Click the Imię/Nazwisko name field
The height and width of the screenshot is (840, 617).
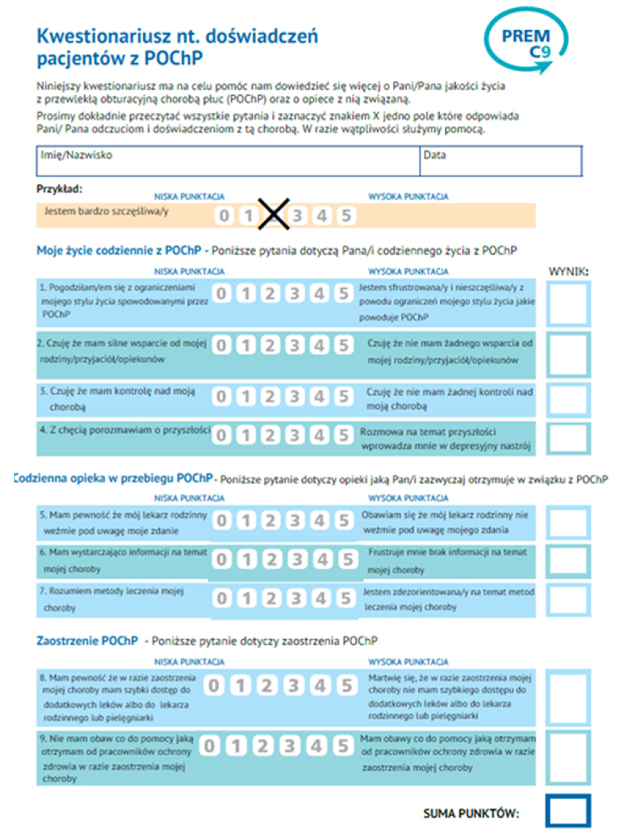pos(228,161)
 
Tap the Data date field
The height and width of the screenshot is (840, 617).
pos(501,161)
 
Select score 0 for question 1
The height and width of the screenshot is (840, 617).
pos(221,294)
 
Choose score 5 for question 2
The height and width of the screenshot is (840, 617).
pos(343,346)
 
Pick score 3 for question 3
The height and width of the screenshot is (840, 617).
pos(295,397)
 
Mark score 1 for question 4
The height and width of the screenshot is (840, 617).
pos(245,435)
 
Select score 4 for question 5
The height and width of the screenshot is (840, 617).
pos(319,521)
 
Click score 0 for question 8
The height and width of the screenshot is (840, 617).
pos(214,686)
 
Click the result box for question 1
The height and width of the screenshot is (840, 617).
pos(568,303)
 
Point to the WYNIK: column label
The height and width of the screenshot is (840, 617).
pos(568,272)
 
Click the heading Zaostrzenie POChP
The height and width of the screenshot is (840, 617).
pos(87,641)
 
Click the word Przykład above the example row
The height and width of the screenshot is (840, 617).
pos(59,189)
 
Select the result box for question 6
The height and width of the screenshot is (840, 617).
pos(568,561)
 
